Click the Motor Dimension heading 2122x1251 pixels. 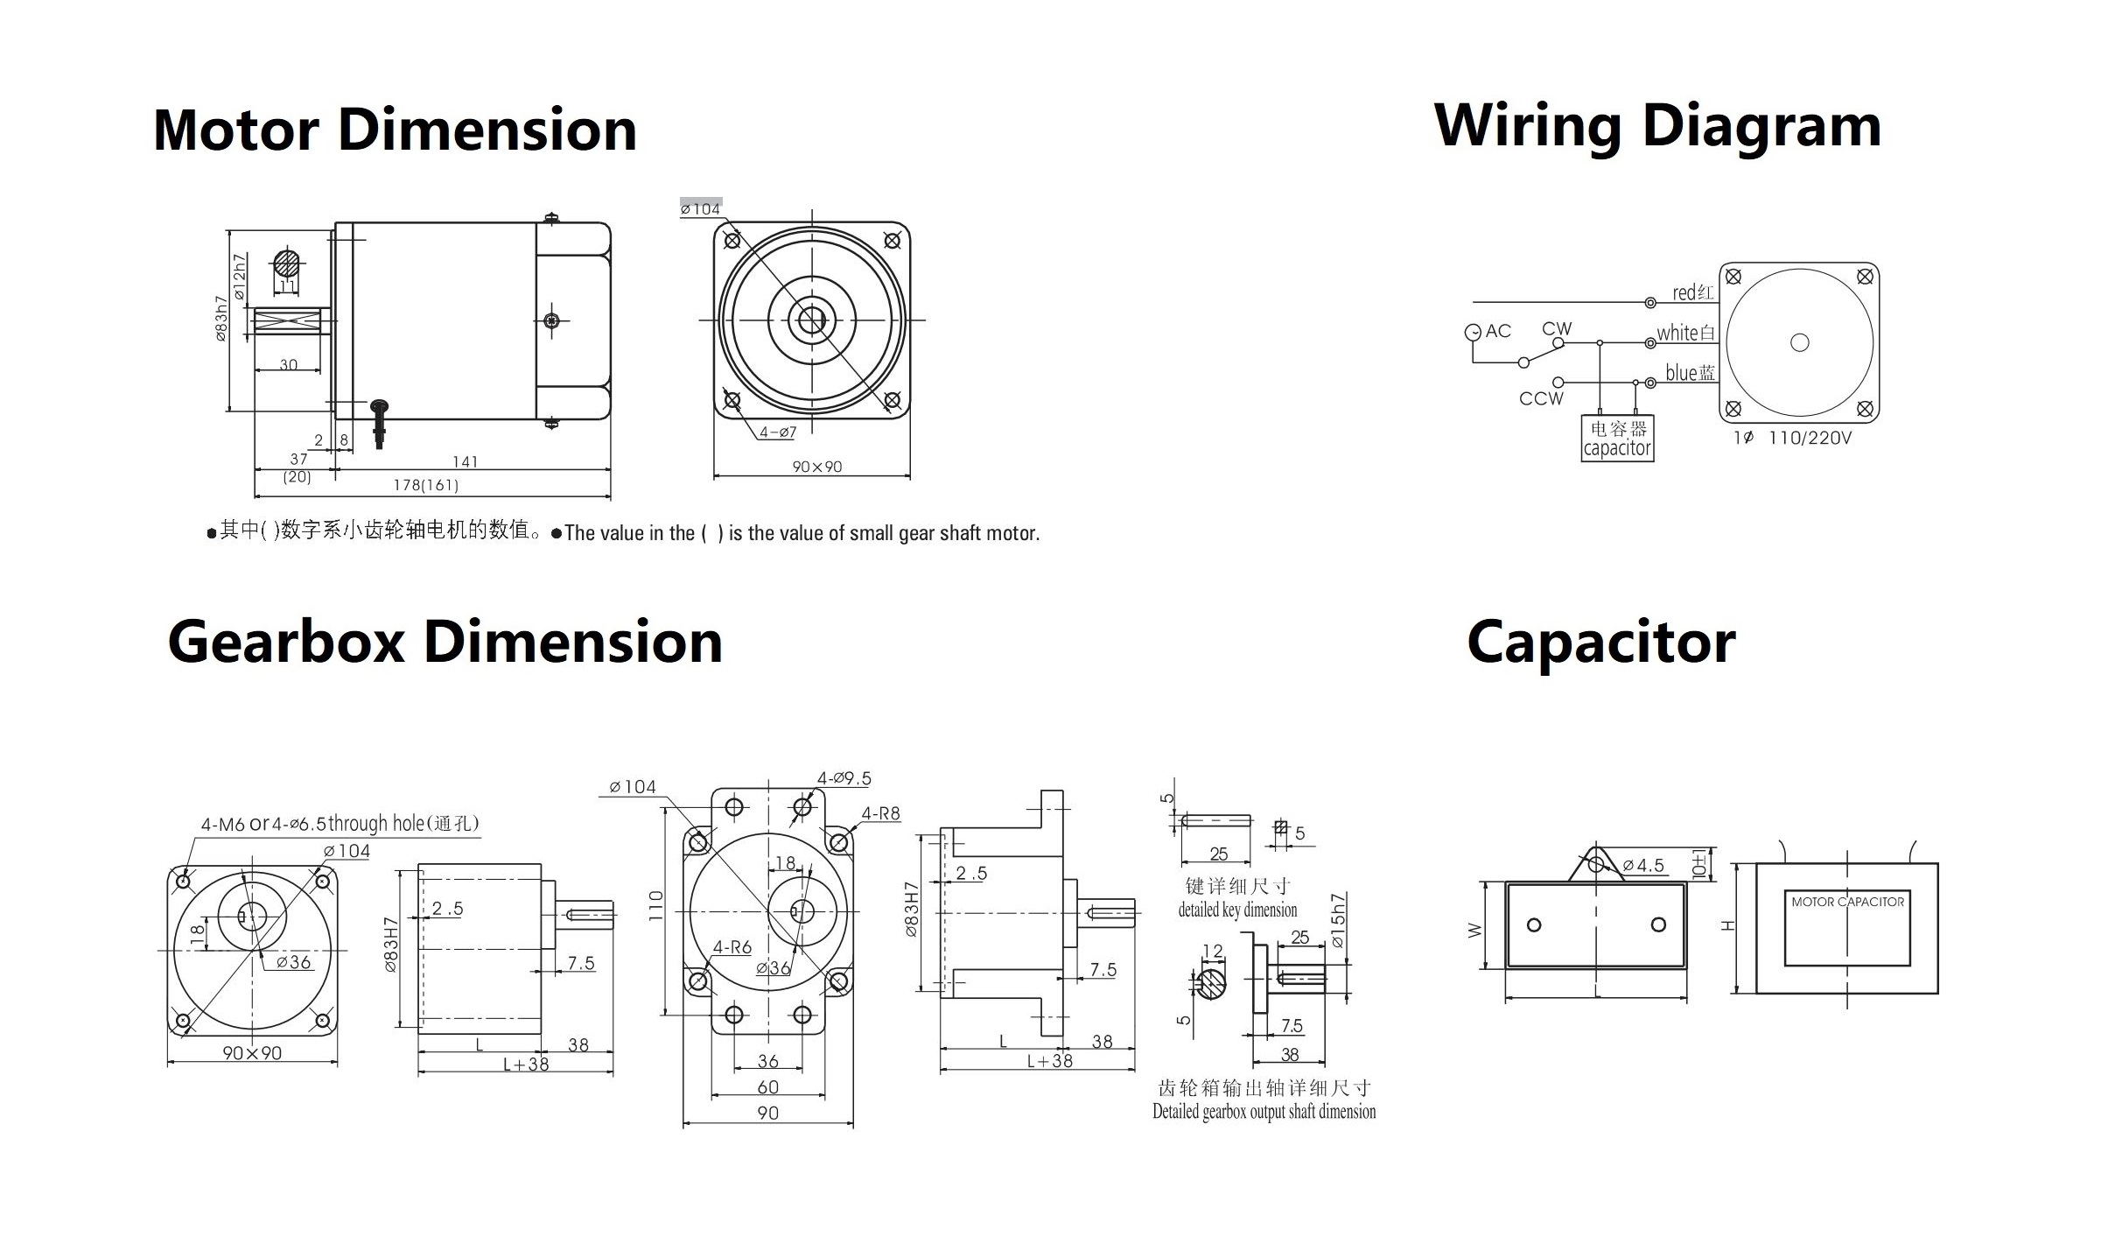click(395, 130)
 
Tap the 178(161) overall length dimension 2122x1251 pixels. click(425, 485)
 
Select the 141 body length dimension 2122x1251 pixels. click(465, 461)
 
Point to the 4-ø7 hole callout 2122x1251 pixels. click(778, 432)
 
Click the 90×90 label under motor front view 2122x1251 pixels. click(816, 467)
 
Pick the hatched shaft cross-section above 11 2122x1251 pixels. click(286, 264)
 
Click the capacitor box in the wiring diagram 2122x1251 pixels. click(1616, 439)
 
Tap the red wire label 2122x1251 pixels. click(1691, 292)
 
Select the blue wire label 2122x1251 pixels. click(1689, 373)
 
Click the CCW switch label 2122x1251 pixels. click(1540, 398)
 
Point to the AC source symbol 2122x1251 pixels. click(1473, 332)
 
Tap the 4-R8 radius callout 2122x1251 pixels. click(880, 813)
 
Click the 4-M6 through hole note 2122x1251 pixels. click(340, 824)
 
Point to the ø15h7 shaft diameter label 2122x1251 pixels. click(1337, 921)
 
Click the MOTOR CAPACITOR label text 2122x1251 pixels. click(1847, 902)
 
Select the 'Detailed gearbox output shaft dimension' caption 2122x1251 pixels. click(1264, 1112)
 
